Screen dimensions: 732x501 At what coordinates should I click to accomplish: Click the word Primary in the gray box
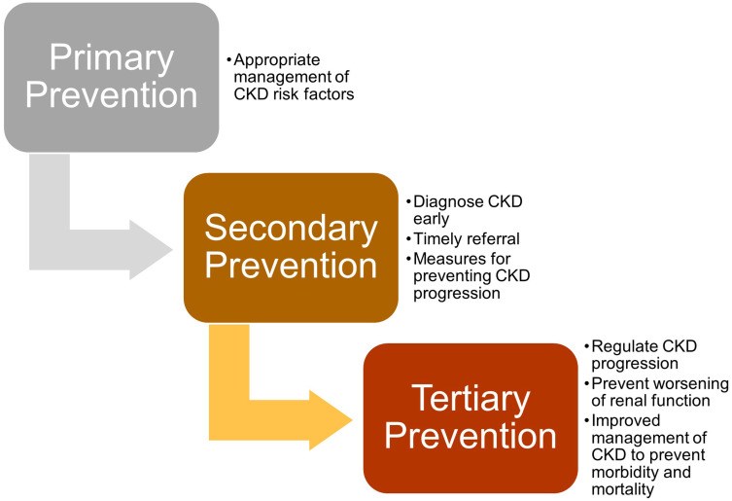[112, 59]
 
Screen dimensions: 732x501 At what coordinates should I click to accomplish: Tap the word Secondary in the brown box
[291, 230]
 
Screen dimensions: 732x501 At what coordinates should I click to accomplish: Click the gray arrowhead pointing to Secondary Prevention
[151, 250]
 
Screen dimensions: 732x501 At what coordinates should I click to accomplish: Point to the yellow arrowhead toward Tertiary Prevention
[331, 420]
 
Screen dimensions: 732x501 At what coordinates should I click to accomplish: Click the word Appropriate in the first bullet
[277, 59]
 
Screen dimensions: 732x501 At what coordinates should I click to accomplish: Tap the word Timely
[436, 239]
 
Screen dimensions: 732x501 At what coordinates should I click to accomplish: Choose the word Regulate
[618, 346]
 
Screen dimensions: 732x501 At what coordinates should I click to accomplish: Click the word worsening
[694, 384]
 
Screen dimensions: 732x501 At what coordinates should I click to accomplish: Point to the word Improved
[626, 421]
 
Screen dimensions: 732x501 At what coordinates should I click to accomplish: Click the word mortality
[623, 489]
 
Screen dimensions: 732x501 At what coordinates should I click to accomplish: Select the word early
[432, 219]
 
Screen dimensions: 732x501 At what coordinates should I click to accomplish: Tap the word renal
[629, 401]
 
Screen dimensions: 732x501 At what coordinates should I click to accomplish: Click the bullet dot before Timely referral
[408, 239]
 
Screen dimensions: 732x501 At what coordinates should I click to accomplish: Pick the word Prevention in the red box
[471, 437]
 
